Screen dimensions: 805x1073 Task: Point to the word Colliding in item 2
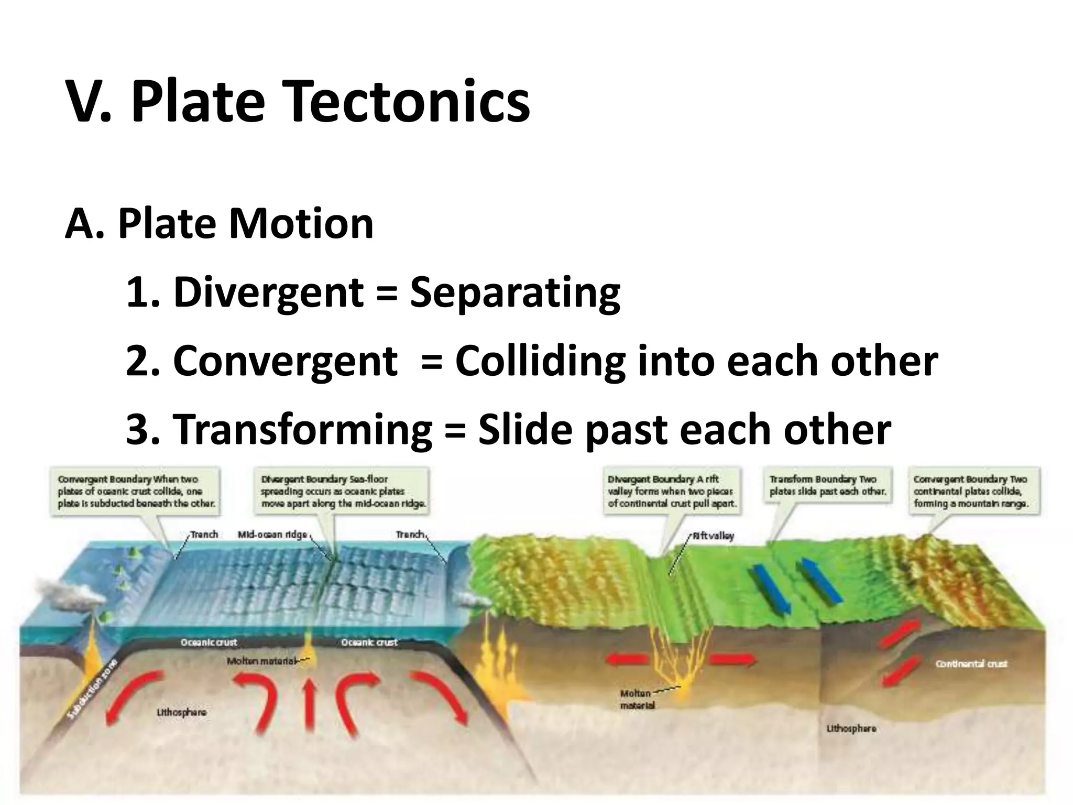(x=540, y=361)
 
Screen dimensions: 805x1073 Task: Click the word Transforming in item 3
(x=302, y=430)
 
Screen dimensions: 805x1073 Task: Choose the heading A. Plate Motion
(x=219, y=224)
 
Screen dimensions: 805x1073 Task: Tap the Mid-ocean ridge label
(x=272, y=535)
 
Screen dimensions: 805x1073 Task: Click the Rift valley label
(x=713, y=536)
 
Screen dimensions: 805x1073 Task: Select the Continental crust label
(x=971, y=664)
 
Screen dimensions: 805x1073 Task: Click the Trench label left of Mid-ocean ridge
(x=204, y=534)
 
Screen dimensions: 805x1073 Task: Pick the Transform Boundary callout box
(x=827, y=485)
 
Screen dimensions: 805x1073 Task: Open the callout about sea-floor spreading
(x=344, y=492)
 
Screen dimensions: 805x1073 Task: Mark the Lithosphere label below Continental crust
(x=851, y=728)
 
